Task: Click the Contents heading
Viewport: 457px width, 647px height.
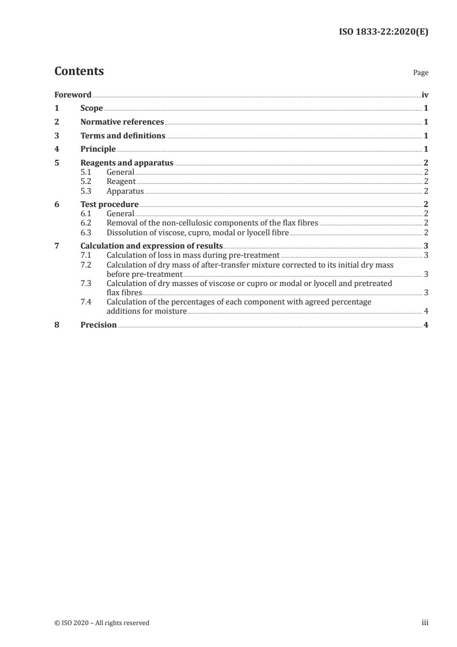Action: pos(79,72)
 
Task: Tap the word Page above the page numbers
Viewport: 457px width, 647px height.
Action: pos(421,73)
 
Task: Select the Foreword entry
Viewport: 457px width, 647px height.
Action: pos(73,95)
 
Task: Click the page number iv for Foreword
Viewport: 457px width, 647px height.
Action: pos(425,95)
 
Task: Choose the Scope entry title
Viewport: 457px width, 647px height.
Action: pos(92,108)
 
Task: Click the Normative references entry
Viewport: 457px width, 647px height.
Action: pos(122,122)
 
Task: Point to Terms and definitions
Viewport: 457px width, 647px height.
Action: pos(123,136)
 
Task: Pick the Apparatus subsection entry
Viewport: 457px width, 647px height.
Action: pos(125,191)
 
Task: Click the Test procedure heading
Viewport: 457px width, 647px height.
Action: pos(109,205)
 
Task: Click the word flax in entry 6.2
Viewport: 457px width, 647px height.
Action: pos(276,223)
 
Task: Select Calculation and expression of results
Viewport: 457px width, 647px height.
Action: pos(152,246)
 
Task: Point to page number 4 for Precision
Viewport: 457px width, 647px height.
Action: pos(425,325)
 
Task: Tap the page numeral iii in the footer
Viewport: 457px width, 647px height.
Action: pos(425,623)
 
